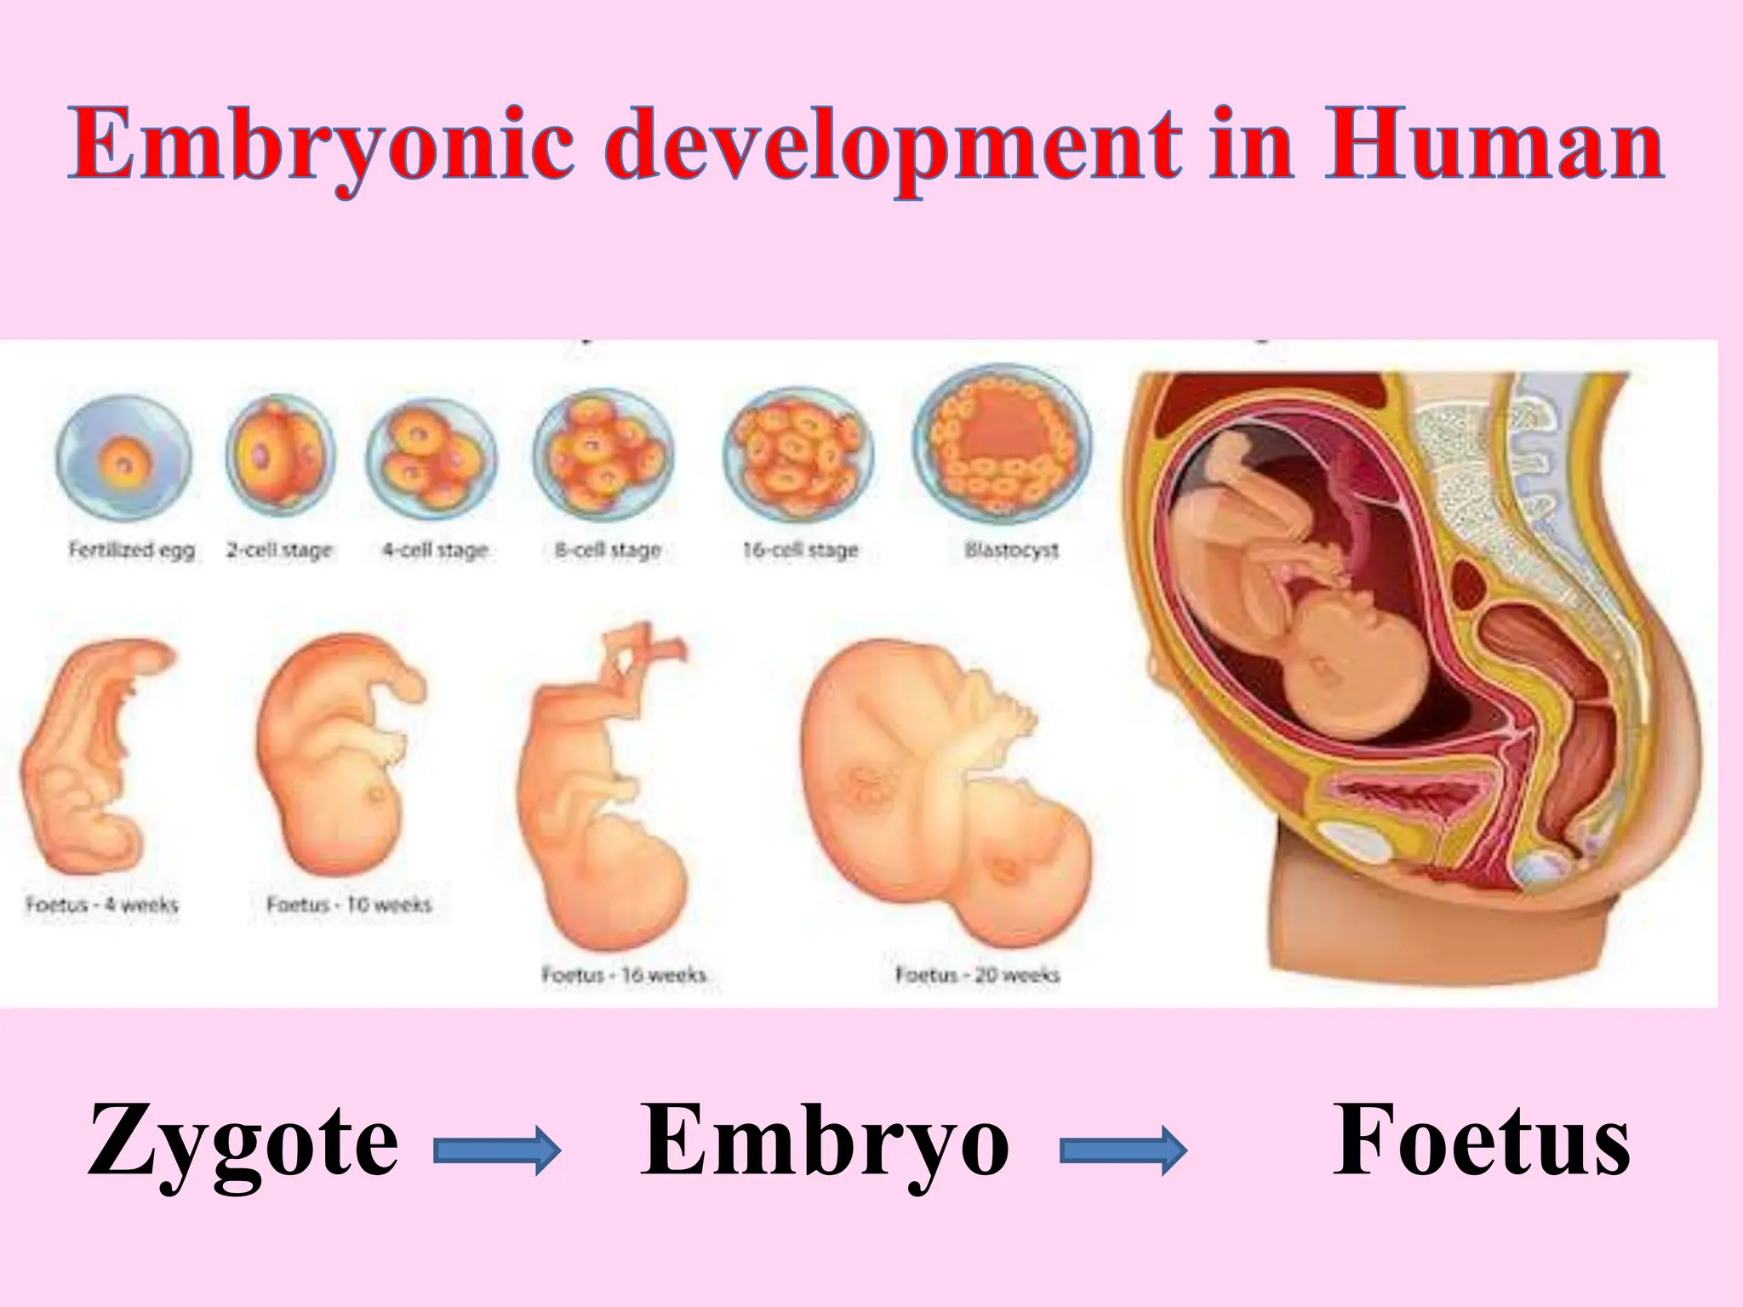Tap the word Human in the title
coord(1494,145)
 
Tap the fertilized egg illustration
coord(123,459)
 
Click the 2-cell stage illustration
coord(280,459)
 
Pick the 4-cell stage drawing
coord(431,459)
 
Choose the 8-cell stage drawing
coord(603,459)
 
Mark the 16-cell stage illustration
coord(797,459)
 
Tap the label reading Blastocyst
coord(1011,551)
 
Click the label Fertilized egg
coord(132,551)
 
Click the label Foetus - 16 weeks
coord(624,974)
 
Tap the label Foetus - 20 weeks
coord(977,974)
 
